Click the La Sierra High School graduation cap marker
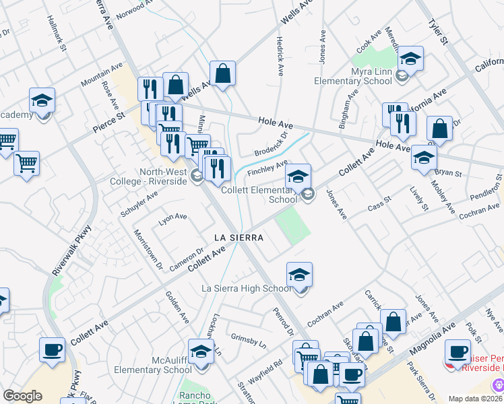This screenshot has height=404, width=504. pos(300,275)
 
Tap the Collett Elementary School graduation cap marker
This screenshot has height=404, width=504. pos(298,176)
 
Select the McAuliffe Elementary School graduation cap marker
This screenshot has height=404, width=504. pos(201,351)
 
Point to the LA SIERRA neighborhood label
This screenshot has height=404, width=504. pos(238,238)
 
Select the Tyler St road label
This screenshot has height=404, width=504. pos(438,32)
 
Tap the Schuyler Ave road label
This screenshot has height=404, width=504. pos(139,203)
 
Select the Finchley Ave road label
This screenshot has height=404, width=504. pos(267,167)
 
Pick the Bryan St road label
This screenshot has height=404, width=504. pos(448,174)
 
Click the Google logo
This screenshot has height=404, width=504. pos(22,396)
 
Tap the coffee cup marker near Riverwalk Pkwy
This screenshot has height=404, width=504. pos(52,350)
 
